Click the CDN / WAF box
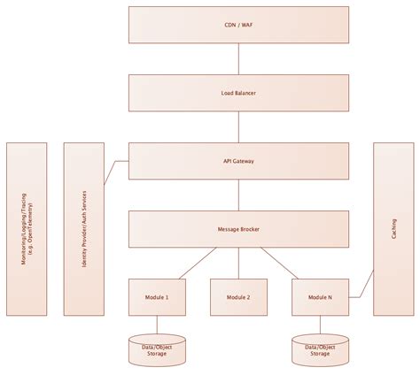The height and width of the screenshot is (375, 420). pos(238,25)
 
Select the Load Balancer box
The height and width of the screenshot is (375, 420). pos(238,92)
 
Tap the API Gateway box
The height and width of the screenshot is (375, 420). pos(238,160)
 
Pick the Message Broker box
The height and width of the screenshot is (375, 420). pos(238,228)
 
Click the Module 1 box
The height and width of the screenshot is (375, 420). pos(157,297)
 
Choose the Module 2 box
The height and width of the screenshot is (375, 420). pos(238,297)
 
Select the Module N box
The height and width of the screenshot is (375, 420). pos(320,297)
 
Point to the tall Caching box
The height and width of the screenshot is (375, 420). pos(393,228)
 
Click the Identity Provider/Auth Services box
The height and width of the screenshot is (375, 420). pos(83,228)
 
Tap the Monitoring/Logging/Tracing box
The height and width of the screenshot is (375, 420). pos(27,228)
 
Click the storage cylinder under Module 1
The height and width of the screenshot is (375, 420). pos(157,350)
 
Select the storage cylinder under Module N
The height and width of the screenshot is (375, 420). pos(320,350)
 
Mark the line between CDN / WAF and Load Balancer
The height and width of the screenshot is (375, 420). pos(238,58)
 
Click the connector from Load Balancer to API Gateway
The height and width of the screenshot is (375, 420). pos(238,126)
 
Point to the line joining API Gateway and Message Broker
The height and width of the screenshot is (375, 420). pos(238,195)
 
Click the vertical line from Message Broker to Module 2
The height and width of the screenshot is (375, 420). pos(238,263)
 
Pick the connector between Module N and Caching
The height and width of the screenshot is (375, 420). pos(362,289)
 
